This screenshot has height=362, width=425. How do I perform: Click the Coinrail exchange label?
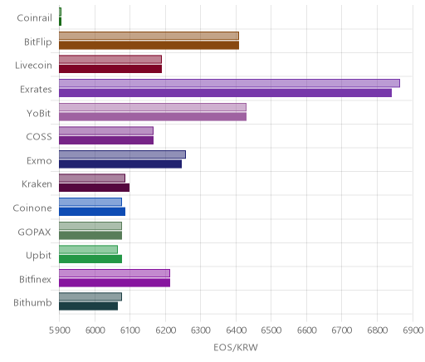34,18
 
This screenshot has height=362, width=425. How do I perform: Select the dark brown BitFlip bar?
149,46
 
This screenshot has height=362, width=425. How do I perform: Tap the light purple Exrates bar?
229,83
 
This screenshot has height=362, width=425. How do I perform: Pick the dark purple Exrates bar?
225,93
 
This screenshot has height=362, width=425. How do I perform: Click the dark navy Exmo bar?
120,164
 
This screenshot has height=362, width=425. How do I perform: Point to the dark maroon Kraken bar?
94,188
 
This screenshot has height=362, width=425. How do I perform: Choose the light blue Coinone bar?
90,202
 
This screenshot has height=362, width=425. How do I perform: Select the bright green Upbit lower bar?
90,259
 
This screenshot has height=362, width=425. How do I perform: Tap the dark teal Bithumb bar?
88,306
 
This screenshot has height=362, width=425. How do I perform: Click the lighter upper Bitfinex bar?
115,273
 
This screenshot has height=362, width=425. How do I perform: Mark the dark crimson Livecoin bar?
110,69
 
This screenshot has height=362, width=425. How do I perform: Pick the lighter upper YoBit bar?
153,107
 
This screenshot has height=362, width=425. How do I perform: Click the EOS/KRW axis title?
236,348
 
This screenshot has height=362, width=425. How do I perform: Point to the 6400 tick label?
236,330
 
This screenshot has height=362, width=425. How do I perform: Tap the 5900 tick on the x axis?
59,330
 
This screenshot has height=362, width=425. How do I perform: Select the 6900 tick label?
413,330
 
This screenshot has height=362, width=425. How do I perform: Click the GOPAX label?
34,232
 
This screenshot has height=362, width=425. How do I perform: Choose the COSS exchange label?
39,137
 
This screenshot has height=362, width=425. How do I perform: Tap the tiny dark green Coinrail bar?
60,22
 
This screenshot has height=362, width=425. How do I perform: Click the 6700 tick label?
342,330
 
